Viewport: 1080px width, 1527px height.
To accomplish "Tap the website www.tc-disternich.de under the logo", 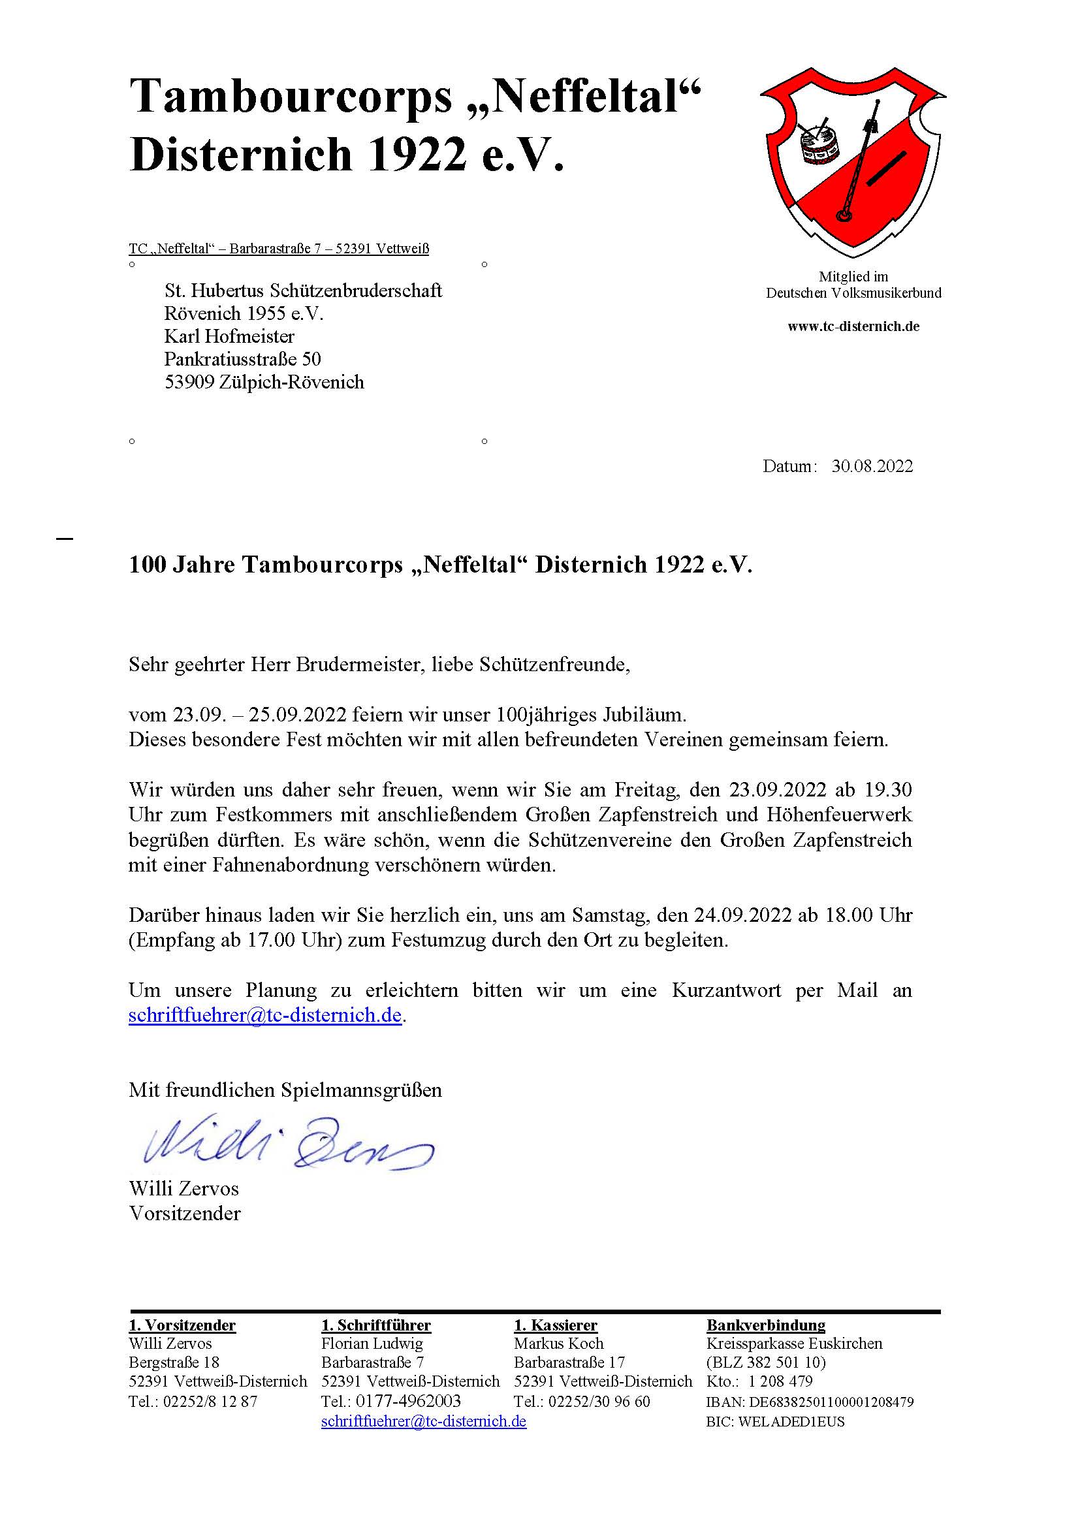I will coord(853,326).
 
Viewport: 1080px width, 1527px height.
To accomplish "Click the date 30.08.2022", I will coord(872,466).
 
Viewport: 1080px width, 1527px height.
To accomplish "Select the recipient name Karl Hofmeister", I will coord(229,336).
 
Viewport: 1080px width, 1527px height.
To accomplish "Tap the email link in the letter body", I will coord(264,1016).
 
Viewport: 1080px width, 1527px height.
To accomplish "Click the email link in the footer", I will coord(424,1421).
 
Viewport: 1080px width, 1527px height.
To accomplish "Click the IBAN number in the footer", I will coord(831,1402).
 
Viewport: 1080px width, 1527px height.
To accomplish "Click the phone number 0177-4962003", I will coord(408,1401).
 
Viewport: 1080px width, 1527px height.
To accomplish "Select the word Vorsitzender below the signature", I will coord(185,1214).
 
